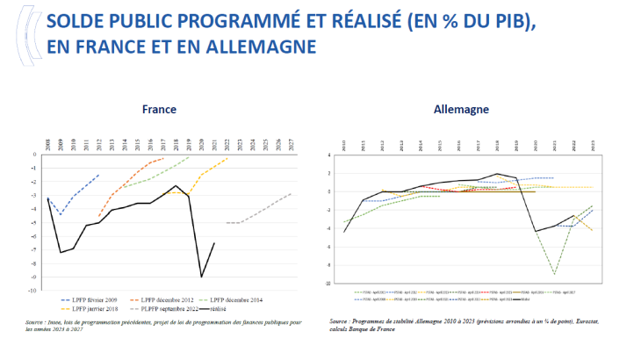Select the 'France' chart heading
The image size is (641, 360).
160,110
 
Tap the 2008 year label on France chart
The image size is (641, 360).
47,144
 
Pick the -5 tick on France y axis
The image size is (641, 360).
35,222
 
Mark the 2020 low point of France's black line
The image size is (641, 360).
201,277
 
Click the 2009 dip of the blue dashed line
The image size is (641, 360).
60,214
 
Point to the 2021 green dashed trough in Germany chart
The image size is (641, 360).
554,274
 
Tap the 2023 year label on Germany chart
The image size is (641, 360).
593,144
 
